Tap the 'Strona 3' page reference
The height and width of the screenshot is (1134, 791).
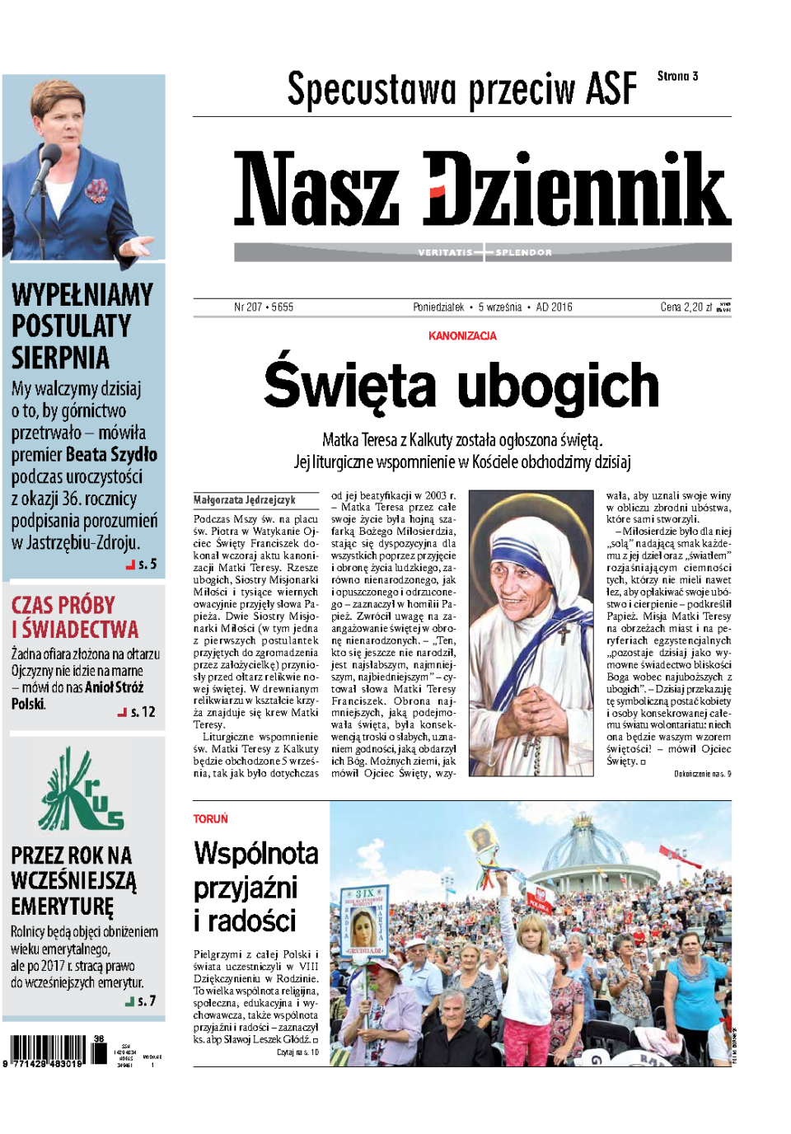tap(677, 76)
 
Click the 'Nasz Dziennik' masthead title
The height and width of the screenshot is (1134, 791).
tap(483, 189)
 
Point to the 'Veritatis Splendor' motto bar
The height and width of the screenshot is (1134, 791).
tap(483, 252)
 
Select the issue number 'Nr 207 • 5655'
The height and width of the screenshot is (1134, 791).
tap(264, 307)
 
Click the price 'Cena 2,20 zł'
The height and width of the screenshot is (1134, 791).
tap(686, 307)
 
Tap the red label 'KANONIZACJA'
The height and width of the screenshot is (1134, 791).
tap(462, 335)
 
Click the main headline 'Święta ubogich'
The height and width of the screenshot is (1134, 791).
tap(461, 385)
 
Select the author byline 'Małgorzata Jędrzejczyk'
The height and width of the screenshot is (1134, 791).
tap(245, 499)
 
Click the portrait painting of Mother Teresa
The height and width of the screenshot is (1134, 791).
tap(531, 633)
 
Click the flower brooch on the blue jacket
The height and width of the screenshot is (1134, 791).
tap(98, 191)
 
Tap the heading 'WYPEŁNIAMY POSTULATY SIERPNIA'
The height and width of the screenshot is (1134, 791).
tap(82, 326)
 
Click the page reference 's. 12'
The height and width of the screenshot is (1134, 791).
tap(142, 711)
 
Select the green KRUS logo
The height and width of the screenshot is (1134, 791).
tap(82, 792)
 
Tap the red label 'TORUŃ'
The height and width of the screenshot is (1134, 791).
tap(210, 818)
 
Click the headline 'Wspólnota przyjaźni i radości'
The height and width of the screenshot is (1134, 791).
tap(255, 887)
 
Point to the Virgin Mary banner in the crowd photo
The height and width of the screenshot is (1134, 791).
tap(363, 922)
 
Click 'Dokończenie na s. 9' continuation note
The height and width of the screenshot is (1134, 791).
tap(702, 774)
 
